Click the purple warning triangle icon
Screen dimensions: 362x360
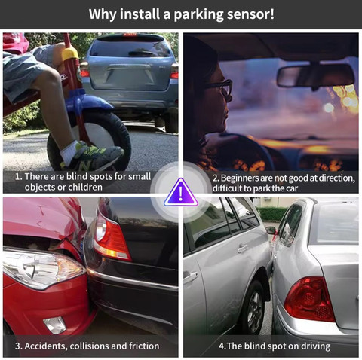(180, 194)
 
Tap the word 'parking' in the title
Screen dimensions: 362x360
(198, 14)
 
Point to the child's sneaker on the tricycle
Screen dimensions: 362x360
(93, 156)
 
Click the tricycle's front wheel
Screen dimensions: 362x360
(89, 142)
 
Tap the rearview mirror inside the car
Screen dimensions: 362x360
(315, 76)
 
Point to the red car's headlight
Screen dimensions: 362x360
(43, 268)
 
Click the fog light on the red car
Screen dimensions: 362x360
(55, 325)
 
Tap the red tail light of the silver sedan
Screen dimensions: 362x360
(310, 299)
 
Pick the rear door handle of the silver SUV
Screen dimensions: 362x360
(243, 249)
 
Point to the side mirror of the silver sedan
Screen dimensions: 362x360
(271, 230)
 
